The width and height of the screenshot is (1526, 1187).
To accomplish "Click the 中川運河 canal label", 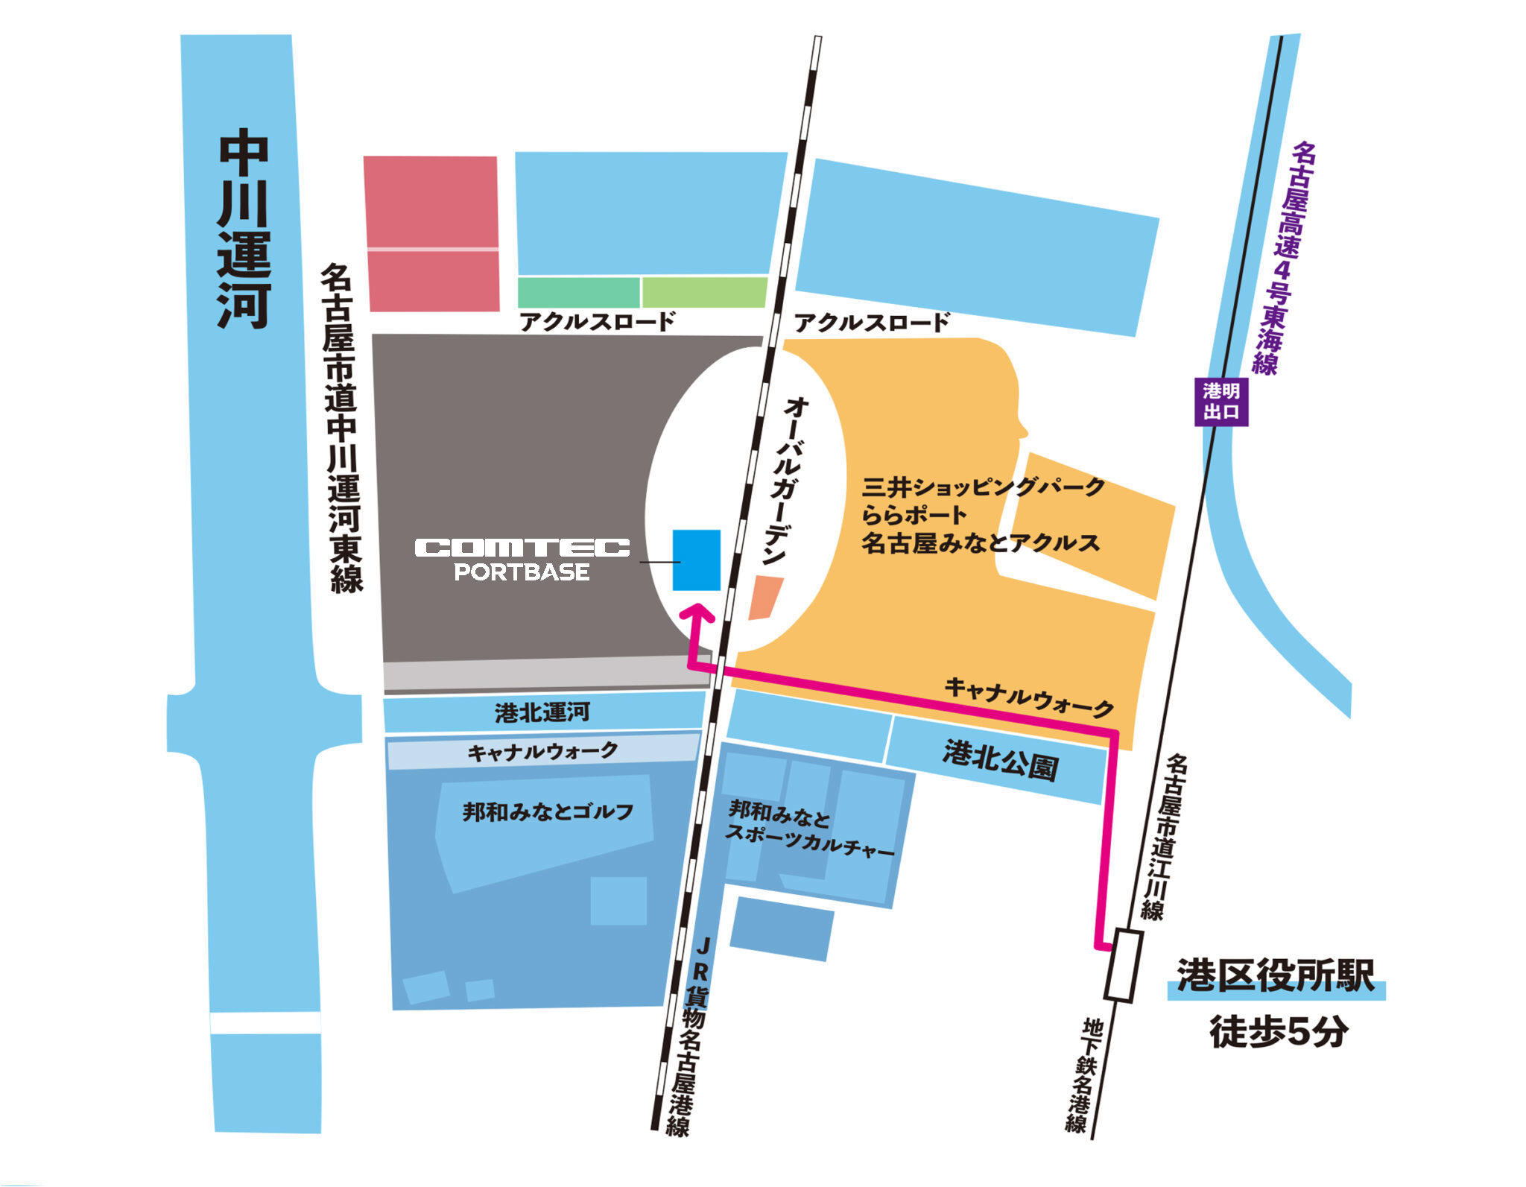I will tap(244, 231).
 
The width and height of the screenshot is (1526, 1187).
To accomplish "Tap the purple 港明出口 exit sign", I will tap(1221, 402).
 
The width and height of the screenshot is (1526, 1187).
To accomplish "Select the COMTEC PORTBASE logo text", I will tap(522, 559).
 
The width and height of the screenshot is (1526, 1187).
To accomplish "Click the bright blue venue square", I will tap(696, 560).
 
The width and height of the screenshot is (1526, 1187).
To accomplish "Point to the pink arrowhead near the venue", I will tap(699, 613).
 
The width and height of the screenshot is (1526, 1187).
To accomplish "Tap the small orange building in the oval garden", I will tap(765, 597).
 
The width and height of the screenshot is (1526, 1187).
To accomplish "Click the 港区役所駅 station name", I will tap(1275, 975).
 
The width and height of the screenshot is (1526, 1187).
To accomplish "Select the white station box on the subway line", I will tap(1122, 965).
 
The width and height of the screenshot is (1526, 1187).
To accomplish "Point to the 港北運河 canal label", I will tap(542, 713).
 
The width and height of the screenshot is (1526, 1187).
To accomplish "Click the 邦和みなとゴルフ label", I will tap(548, 811).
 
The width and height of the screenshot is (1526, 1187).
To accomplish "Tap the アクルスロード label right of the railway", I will tap(871, 323).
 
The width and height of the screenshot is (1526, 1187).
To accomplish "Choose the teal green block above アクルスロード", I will tap(578, 292).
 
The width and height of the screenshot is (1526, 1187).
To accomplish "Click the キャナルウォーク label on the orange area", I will tap(1029, 696).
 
